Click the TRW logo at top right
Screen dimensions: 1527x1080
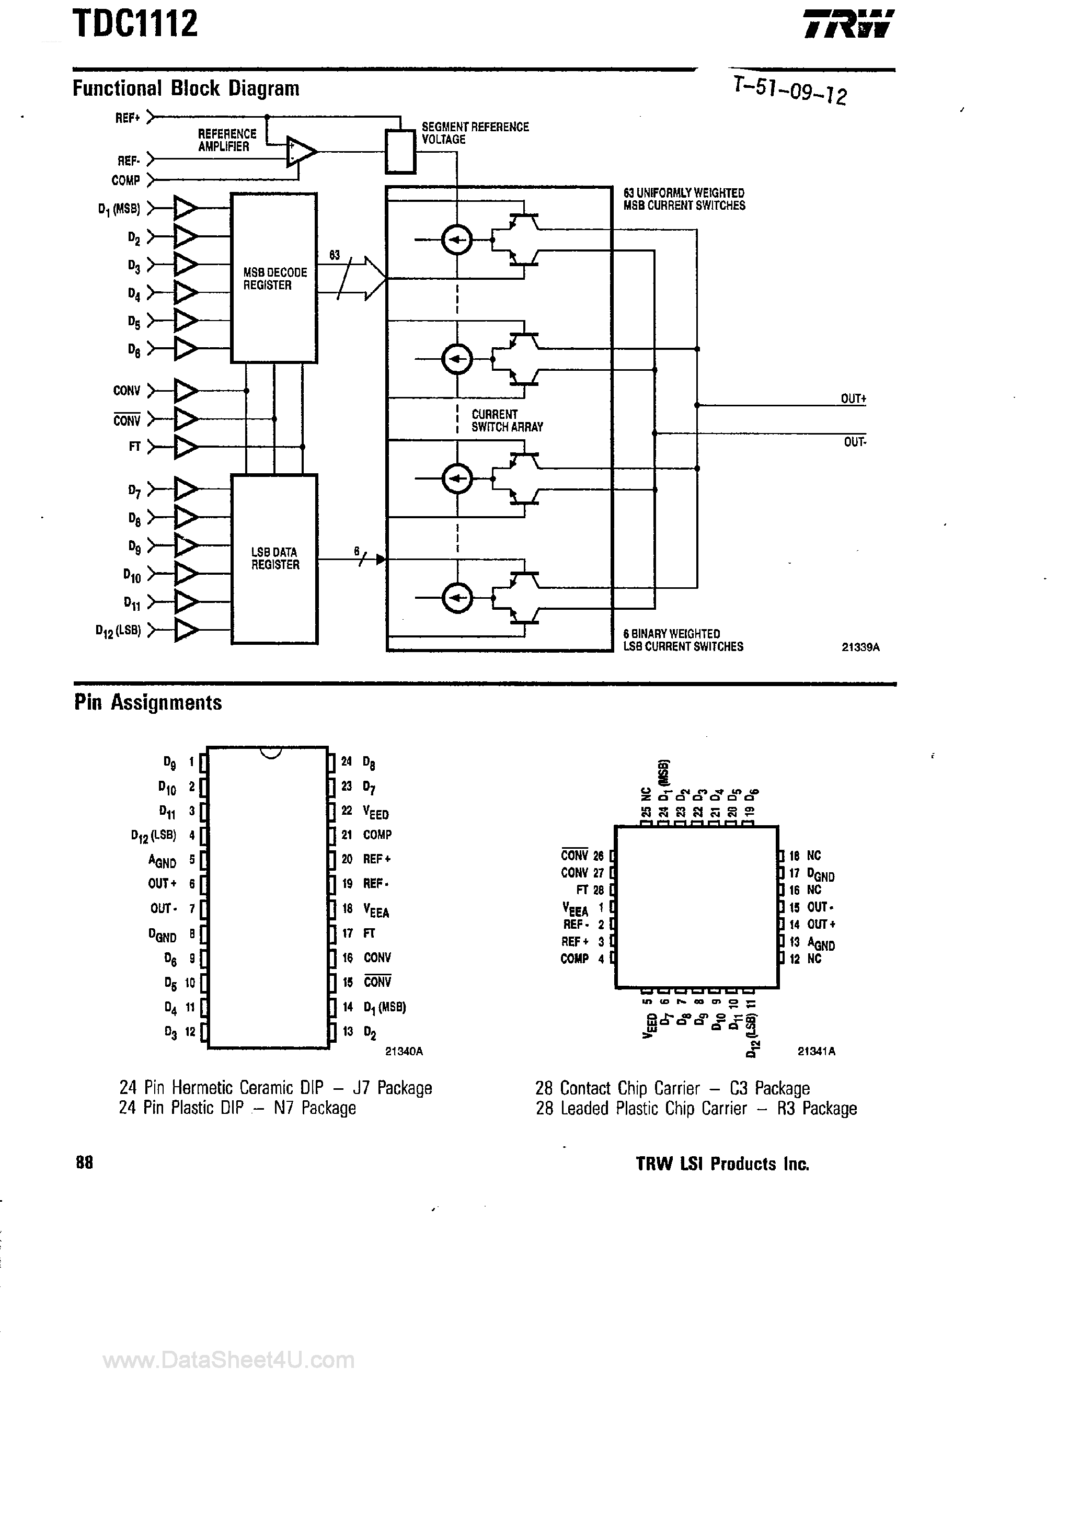[848, 24]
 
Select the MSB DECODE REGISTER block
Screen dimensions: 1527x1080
[274, 278]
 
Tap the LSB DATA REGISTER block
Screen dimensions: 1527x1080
[274, 559]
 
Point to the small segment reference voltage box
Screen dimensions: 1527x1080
[400, 152]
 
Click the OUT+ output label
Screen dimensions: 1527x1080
[853, 398]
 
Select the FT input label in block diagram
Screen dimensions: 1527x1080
[134, 447]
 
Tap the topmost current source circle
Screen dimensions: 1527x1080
[457, 240]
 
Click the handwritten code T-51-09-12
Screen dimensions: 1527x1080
[789, 90]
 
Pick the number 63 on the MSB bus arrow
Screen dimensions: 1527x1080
[335, 255]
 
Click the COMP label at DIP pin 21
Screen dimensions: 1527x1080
[377, 835]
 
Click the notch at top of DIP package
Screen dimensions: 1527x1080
[269, 752]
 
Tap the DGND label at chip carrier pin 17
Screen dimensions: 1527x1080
[821, 874]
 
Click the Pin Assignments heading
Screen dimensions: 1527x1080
[147, 703]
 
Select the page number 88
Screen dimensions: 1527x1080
[85, 1163]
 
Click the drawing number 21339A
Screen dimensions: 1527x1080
[860, 647]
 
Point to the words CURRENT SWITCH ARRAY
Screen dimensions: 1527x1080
[507, 420]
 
